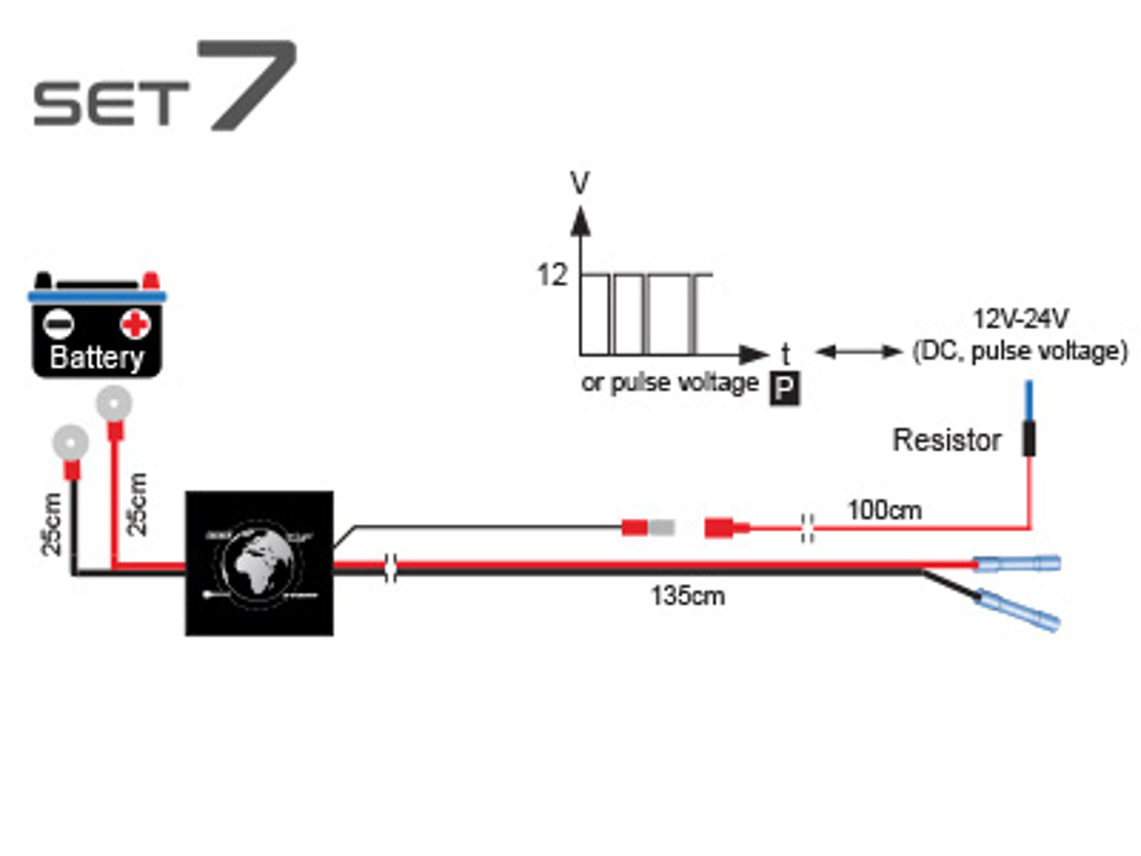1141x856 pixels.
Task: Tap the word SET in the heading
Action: tap(111, 103)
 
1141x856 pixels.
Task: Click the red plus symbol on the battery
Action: tap(135, 325)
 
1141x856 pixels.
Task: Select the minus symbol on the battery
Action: tap(58, 325)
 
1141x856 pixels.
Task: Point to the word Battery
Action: tap(96, 357)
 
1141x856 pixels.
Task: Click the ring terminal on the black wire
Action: tap(71, 443)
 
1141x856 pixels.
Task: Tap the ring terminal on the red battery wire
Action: tap(114, 404)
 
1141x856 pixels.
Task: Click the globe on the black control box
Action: tap(258, 564)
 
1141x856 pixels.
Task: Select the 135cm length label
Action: tap(687, 596)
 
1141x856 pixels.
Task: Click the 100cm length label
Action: tap(884, 510)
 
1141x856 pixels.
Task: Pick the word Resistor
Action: tap(947, 440)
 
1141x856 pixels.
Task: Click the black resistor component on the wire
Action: tap(1029, 438)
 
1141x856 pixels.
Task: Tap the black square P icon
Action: tap(784, 389)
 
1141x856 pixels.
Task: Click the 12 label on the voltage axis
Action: tap(552, 275)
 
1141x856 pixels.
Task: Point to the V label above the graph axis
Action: tap(580, 183)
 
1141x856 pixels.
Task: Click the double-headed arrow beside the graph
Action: tap(859, 351)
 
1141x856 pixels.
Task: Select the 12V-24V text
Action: tap(1020, 318)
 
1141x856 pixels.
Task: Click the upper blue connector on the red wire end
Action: tap(1018, 564)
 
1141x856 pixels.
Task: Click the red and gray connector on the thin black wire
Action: tap(648, 528)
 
